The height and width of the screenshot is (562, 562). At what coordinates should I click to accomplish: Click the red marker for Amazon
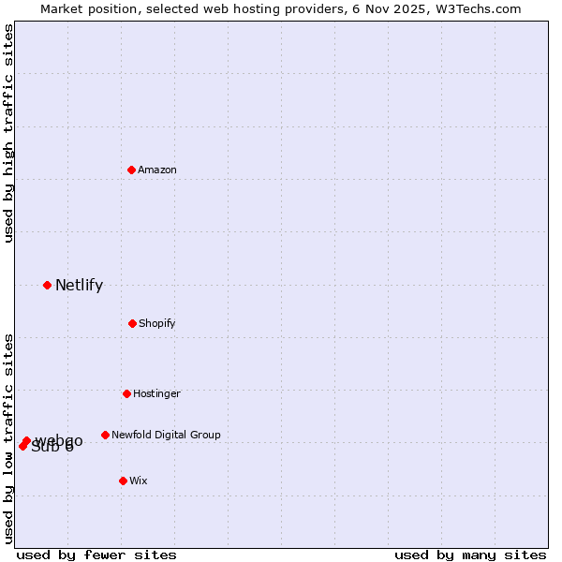point(131,170)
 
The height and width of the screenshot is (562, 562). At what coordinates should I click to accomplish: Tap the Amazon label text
point(157,170)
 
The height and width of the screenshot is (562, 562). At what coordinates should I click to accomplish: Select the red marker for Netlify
point(47,285)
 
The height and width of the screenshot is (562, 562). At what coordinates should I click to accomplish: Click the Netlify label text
point(79,286)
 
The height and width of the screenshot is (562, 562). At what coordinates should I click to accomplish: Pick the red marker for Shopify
point(132,323)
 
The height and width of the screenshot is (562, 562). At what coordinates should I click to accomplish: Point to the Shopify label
point(157,324)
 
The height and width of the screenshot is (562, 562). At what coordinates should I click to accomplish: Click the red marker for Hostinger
point(126,393)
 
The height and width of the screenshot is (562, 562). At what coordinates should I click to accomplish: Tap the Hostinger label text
point(156,394)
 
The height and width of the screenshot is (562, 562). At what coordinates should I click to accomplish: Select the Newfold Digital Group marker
point(105,435)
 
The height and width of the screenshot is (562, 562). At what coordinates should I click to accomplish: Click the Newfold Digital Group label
point(166,436)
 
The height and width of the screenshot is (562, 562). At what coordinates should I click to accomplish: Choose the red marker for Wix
point(123,481)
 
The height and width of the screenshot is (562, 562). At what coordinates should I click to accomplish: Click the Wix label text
point(139,481)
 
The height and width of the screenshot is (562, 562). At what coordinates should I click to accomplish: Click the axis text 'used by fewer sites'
point(96,555)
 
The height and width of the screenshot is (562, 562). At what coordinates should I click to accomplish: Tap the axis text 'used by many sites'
point(470,555)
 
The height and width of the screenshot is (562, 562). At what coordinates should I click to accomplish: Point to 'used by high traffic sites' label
point(8,133)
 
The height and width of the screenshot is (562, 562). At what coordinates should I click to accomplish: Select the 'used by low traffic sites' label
point(8,437)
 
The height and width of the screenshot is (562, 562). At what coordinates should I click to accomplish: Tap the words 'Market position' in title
point(82,8)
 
